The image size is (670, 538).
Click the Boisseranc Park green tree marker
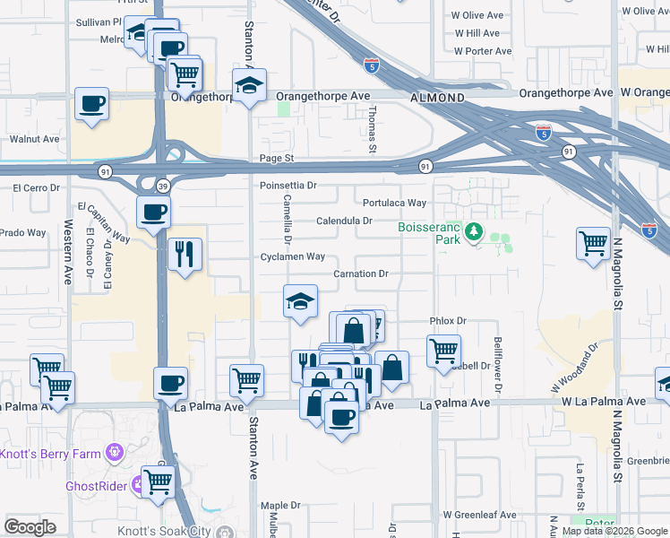click(x=473, y=234)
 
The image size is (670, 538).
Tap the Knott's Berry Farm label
click(x=50, y=454)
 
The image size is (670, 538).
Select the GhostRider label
click(x=94, y=487)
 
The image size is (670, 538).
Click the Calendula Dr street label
click(x=344, y=221)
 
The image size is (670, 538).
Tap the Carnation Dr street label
click(x=360, y=273)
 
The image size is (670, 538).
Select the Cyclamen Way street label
click(x=292, y=256)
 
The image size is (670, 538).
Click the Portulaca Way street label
click(x=394, y=203)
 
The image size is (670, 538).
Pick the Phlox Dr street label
click(x=449, y=320)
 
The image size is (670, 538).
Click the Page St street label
click(x=276, y=158)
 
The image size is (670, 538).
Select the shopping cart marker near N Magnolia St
click(x=593, y=243)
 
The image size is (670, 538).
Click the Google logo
click(x=30, y=527)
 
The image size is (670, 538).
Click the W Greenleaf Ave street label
click(x=479, y=516)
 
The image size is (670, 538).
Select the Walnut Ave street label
click(x=34, y=139)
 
